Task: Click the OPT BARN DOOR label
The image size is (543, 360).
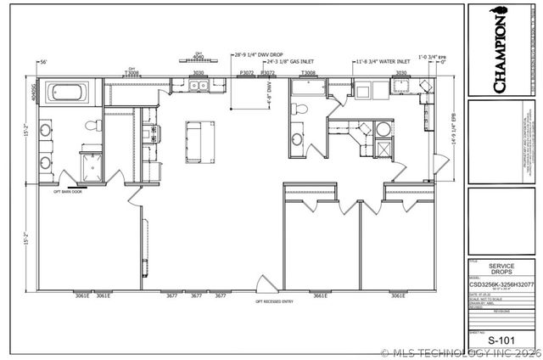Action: [68, 192]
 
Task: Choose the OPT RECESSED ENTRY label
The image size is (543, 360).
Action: [273, 302]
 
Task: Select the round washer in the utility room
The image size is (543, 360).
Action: [383, 129]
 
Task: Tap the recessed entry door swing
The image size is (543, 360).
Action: [264, 284]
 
